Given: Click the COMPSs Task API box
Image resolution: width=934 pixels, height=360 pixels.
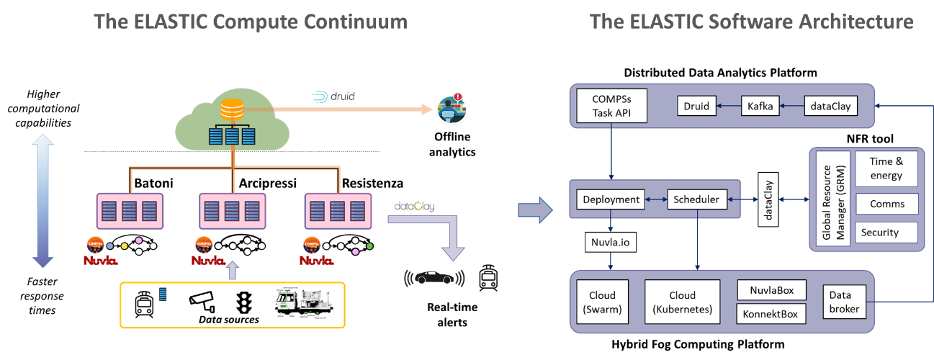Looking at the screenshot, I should pyautogui.click(x=612, y=106).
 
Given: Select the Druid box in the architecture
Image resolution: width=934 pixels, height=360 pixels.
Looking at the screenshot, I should pyautogui.click(x=696, y=107).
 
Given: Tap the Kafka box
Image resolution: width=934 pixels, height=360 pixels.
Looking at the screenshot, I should pyautogui.click(x=761, y=107).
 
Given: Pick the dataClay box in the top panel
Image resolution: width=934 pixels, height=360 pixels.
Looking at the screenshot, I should pyautogui.click(x=830, y=107).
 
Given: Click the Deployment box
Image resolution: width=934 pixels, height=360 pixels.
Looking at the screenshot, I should pyautogui.click(x=611, y=199).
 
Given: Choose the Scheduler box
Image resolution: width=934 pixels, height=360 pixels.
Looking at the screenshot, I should pyautogui.click(x=696, y=199).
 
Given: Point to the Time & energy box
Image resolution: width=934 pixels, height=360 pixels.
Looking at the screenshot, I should pyautogui.click(x=886, y=169).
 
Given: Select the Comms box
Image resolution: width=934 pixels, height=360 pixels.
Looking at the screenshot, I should pyautogui.click(x=886, y=204).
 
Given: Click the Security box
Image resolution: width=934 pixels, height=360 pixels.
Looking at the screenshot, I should pyautogui.click(x=886, y=233).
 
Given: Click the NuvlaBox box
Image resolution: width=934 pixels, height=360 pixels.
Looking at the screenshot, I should pyautogui.click(x=771, y=290).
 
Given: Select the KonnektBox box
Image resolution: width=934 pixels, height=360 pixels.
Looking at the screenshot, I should pyautogui.click(x=771, y=315).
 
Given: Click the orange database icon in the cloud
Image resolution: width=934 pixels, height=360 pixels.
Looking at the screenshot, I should pyautogui.click(x=232, y=110).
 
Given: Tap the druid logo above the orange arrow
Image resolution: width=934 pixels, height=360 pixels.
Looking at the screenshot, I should pyautogui.click(x=333, y=96).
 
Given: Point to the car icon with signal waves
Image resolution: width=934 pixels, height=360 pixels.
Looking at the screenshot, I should pyautogui.click(x=434, y=277).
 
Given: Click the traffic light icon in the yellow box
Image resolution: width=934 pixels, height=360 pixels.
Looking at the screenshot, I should pyautogui.click(x=245, y=303).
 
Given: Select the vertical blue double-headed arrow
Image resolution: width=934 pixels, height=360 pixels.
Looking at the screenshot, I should pyautogui.click(x=42, y=202).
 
